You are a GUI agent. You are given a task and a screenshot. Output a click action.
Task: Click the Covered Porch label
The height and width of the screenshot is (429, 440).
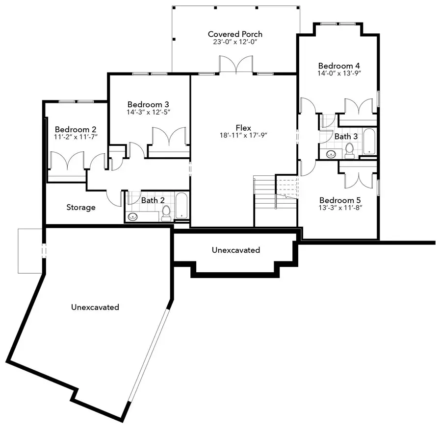235,34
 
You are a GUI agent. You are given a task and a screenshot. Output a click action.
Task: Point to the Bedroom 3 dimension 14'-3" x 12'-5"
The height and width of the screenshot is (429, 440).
148,112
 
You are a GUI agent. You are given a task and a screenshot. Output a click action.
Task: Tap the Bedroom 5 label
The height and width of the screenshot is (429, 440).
336,200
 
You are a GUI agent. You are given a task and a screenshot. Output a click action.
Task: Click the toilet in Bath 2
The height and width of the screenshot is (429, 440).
166,213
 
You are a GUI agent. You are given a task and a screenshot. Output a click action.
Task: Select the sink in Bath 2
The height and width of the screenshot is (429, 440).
133,216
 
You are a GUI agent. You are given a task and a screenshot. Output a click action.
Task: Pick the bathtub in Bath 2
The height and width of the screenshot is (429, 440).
181,206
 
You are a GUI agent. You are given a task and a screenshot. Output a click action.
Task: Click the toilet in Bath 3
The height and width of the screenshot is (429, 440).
350,150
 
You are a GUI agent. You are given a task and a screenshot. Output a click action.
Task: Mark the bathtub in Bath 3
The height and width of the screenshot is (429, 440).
368,143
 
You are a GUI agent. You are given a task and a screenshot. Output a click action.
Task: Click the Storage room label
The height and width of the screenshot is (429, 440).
81,207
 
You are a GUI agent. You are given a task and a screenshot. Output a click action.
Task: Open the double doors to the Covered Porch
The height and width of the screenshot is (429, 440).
236,65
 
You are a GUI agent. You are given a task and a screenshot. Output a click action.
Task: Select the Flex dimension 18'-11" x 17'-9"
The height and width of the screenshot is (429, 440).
243,136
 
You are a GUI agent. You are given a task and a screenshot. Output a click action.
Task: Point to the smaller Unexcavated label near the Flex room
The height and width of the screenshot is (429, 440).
235,250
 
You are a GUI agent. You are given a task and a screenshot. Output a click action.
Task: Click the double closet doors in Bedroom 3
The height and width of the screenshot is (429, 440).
169,138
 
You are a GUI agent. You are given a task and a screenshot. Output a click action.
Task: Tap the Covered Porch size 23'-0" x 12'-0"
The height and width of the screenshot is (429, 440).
235,42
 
